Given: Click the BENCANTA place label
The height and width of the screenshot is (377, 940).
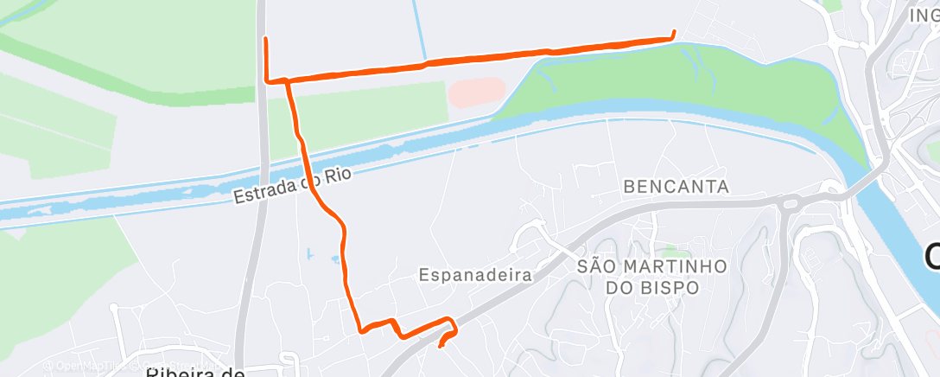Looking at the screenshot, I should click(676, 187).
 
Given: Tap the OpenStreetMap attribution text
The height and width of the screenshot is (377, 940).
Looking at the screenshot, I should click(95, 366).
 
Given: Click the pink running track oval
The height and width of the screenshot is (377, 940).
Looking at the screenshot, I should click(476, 91).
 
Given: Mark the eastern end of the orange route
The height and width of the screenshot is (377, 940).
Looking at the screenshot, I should click(673, 34).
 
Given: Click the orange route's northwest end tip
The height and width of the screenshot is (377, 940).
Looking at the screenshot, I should click(265, 39).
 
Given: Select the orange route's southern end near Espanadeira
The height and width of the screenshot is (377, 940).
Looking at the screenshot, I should click(441, 347).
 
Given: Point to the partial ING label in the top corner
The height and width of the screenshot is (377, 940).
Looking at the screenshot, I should click(924, 15).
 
